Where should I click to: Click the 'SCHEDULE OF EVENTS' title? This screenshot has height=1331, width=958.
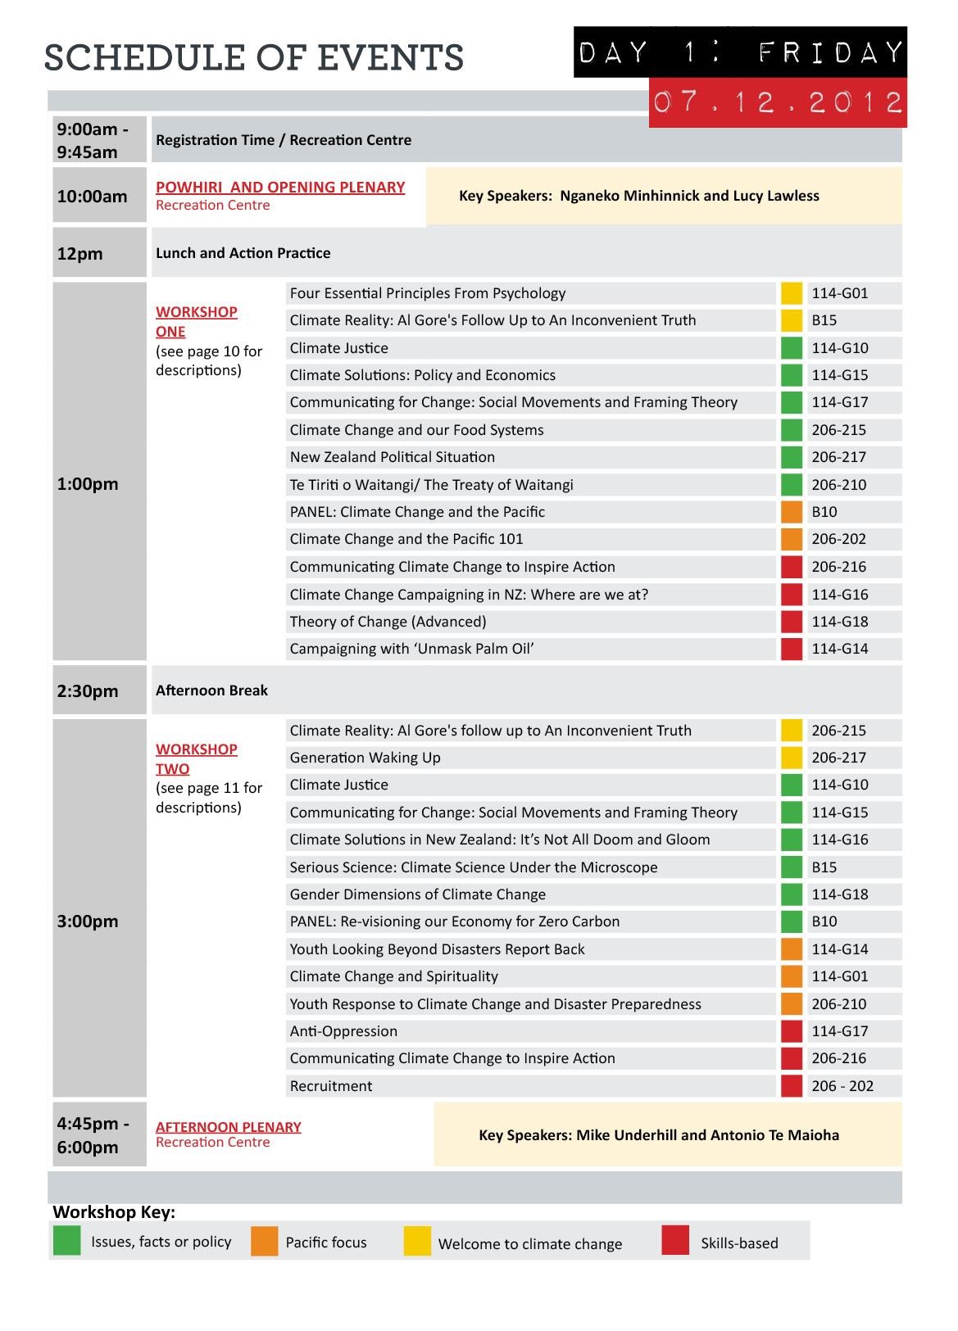(253, 57)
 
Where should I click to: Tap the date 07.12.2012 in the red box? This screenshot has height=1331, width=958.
(778, 102)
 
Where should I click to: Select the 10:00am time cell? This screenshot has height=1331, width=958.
(99, 196)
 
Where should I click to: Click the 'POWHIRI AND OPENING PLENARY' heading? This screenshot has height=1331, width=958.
(280, 188)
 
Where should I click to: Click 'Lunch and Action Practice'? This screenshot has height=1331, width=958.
(243, 253)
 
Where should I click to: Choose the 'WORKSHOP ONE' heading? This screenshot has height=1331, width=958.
(196, 321)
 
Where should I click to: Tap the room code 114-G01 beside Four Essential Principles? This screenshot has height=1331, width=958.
(840, 293)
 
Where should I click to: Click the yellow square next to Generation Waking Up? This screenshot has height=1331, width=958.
(792, 758)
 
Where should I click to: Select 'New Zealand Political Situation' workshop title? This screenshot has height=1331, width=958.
(392, 457)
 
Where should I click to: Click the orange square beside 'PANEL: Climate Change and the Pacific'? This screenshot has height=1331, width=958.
(792, 512)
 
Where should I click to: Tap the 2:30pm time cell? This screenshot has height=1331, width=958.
(99, 690)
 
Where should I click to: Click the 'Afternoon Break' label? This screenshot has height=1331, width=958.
(211, 690)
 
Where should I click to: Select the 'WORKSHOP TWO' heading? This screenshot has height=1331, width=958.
(196, 758)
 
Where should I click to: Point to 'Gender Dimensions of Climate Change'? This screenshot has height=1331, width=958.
(417, 894)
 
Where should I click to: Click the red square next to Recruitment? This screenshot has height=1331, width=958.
(792, 1086)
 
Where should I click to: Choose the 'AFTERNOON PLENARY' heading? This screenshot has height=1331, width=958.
(229, 1127)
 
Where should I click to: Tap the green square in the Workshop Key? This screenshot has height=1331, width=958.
(66, 1241)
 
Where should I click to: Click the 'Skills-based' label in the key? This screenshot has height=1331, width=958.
(739, 1243)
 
